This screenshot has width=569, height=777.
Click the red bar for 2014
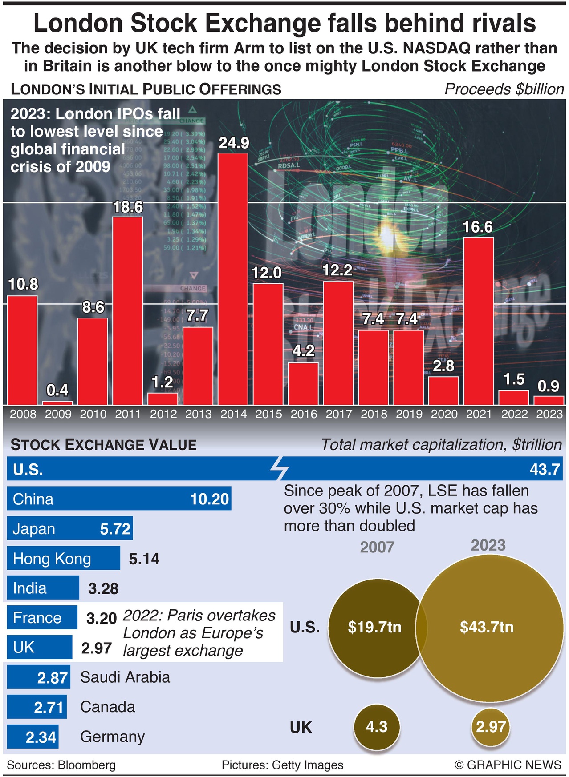pos(233,278)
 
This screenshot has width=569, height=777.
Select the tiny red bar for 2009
pos(57,403)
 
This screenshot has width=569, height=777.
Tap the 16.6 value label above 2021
pos(478,227)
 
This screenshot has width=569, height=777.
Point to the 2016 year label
pos(304,414)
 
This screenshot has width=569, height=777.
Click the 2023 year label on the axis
pos(549,414)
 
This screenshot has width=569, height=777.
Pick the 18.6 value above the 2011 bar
pos(128,207)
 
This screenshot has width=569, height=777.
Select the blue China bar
pos(119,499)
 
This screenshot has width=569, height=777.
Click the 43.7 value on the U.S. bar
pos(545,469)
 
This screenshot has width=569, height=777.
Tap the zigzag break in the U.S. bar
pos(279,468)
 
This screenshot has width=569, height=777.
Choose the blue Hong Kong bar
pos(63,558)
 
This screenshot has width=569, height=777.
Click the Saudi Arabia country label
pos(125,677)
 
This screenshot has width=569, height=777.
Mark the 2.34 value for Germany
pos(41,737)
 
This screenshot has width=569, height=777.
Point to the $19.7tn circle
pos(374,627)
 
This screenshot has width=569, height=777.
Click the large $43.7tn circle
pos(487,627)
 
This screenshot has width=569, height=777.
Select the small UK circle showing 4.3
pos(377,727)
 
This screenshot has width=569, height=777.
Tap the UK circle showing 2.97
pos(491,727)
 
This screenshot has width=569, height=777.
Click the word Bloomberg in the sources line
pos(86,765)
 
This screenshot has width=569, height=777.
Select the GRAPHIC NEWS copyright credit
pos(508,765)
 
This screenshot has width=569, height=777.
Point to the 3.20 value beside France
pos(102,618)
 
